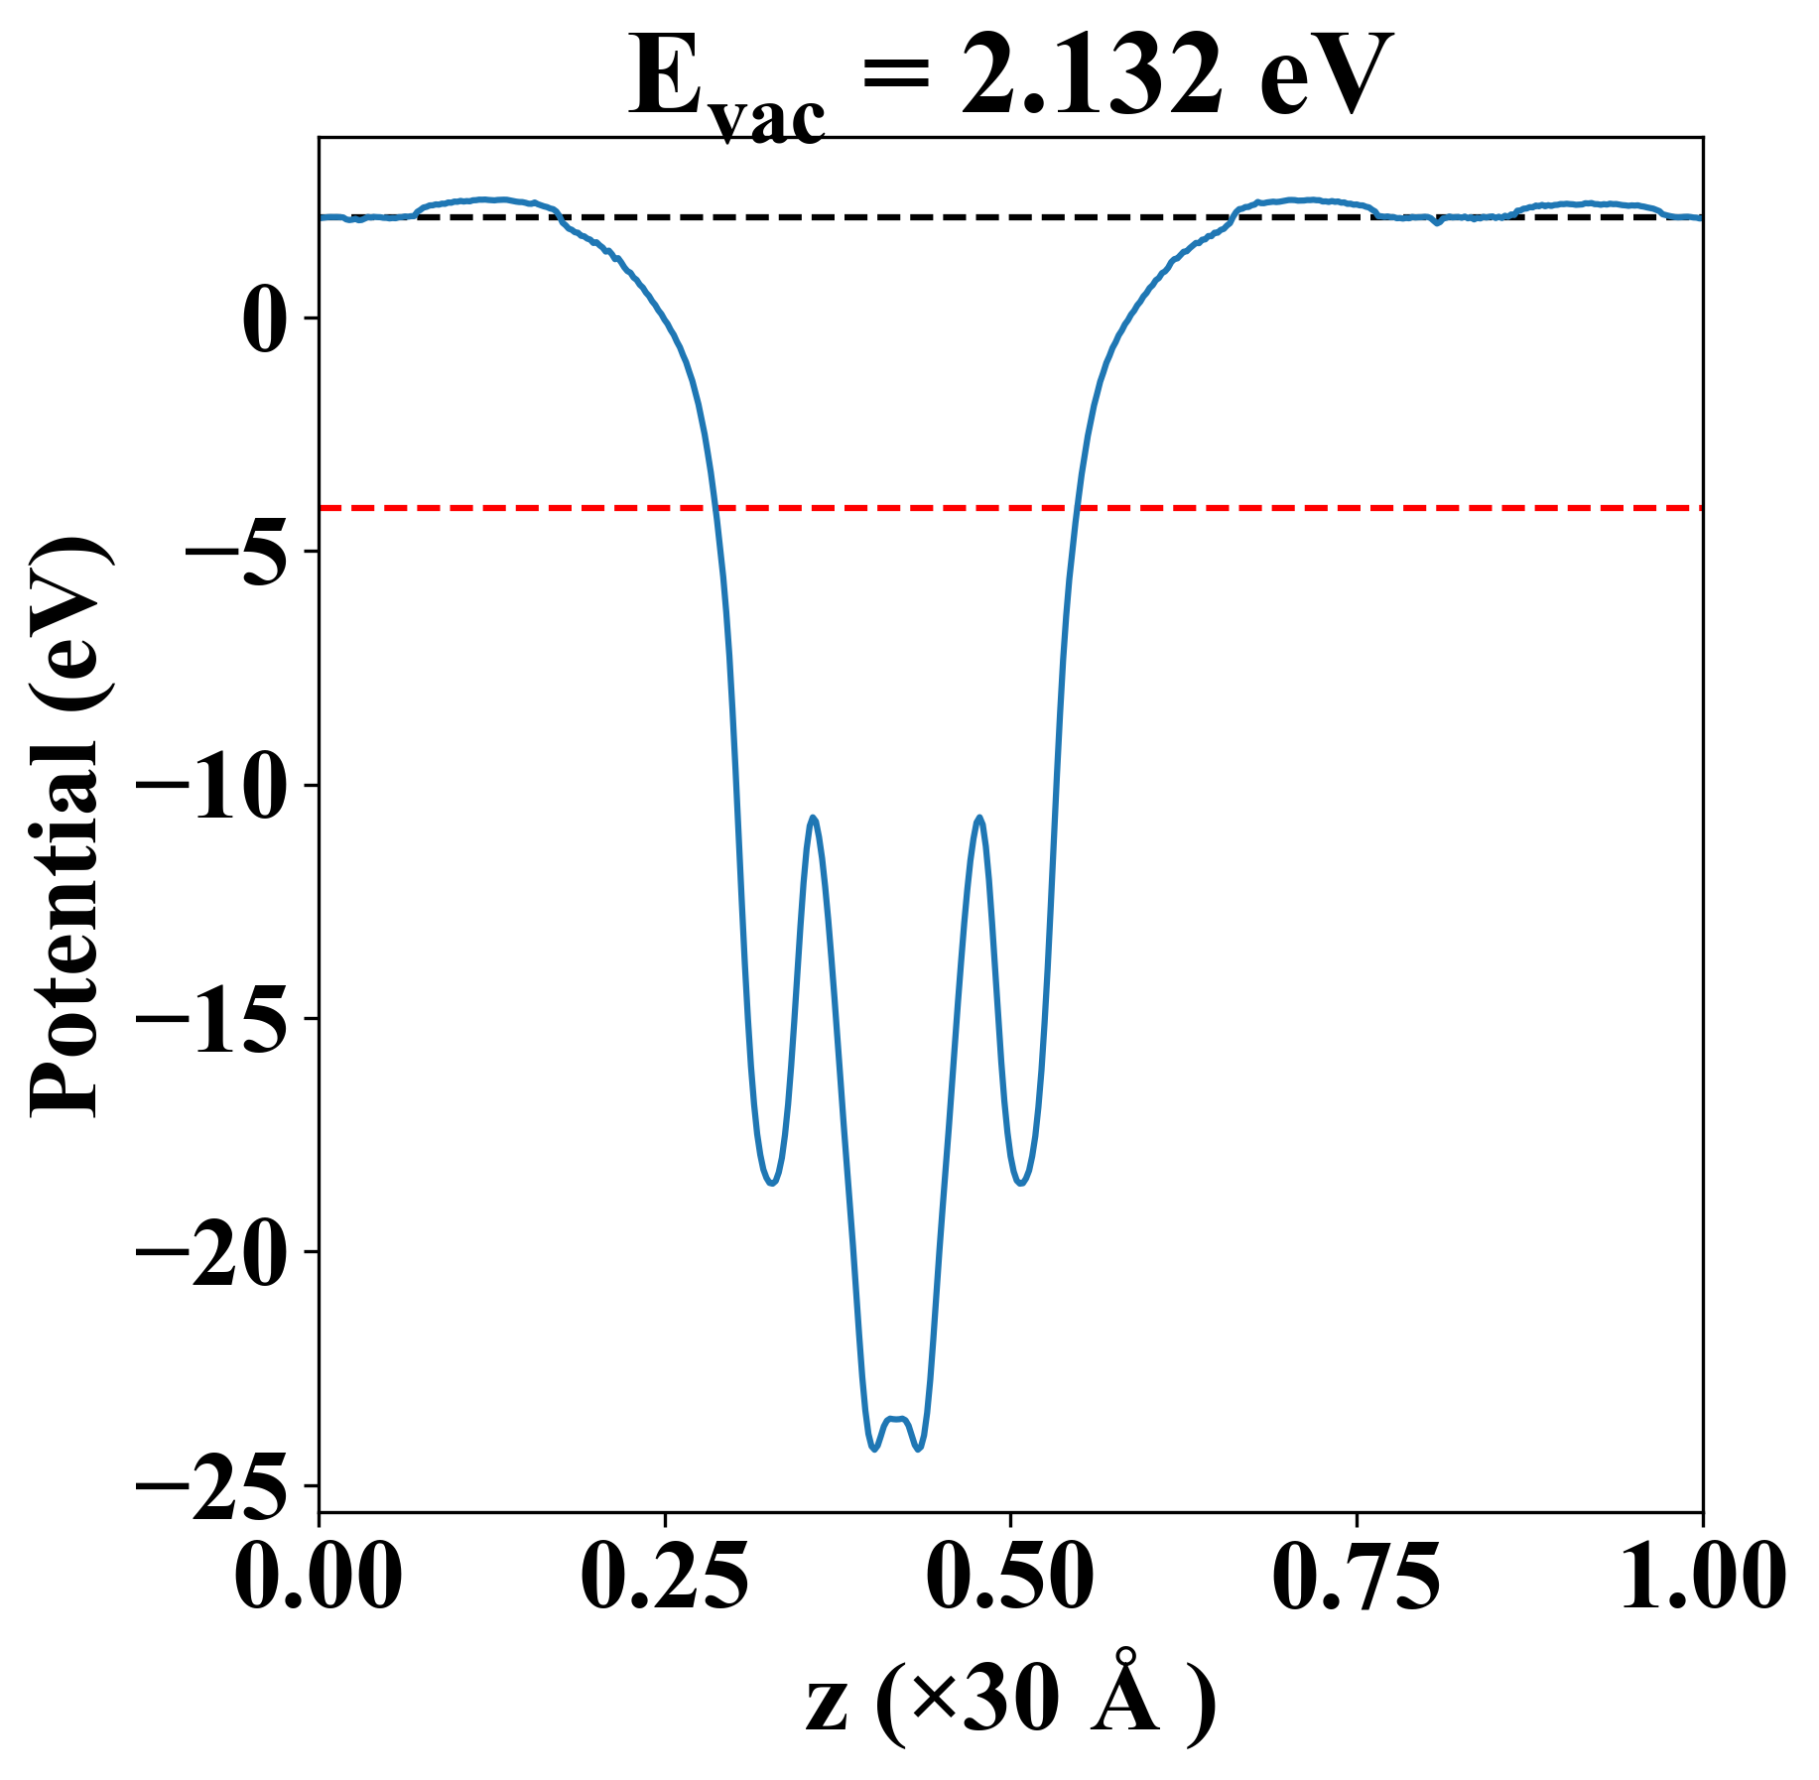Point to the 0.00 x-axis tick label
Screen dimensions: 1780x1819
coord(319,1577)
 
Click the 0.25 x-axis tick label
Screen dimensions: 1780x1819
coord(664,1577)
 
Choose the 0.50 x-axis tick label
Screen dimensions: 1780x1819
coord(1010,1577)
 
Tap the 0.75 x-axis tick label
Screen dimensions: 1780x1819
coord(1356,1577)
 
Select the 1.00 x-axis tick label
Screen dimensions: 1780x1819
coord(1701,1577)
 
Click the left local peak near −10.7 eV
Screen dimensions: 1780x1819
coord(814,818)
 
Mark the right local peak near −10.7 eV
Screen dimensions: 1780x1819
coord(979,818)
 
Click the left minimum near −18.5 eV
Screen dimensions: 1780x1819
coord(772,1183)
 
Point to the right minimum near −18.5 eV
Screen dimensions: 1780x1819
coord(1021,1183)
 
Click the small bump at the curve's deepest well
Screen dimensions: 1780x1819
coord(897,1420)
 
